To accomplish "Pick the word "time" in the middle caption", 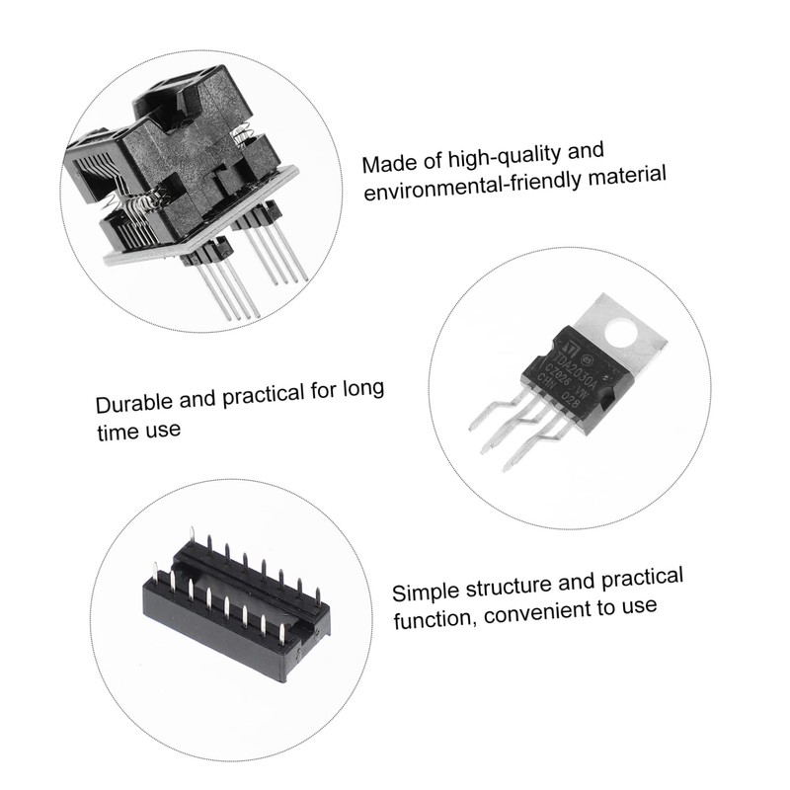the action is click(x=118, y=431).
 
